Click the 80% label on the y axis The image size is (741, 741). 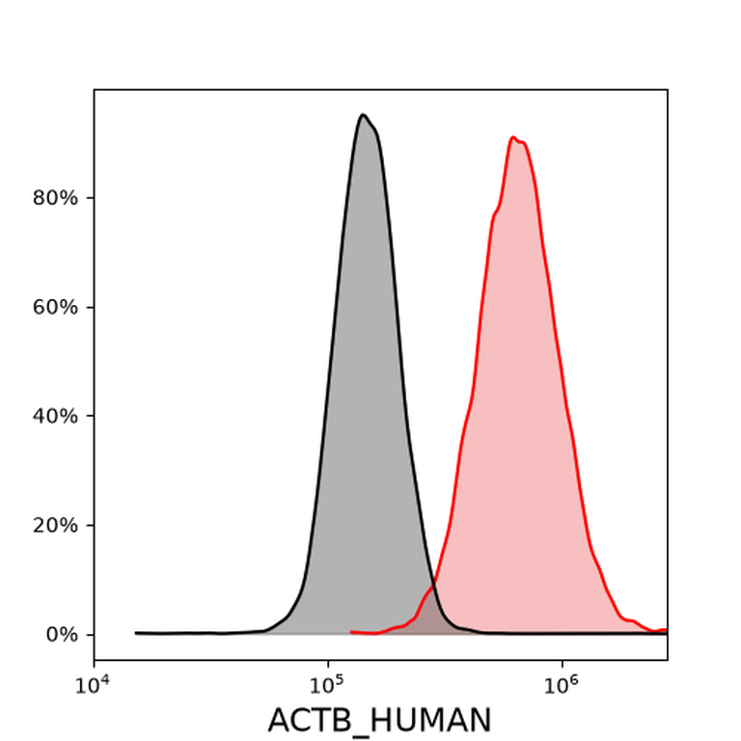[x=55, y=198]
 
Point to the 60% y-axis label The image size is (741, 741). [x=55, y=307]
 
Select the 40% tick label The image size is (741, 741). [x=55, y=417]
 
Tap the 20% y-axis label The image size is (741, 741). [x=55, y=526]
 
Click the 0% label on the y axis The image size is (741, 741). [x=62, y=635]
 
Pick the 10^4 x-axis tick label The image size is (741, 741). [x=93, y=685]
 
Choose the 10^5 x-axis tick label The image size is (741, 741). [x=326, y=685]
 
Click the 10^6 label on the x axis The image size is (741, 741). [x=561, y=685]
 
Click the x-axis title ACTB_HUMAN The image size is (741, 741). [x=379, y=720]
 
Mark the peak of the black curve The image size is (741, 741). [x=363, y=115]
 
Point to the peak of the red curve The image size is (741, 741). [x=513, y=137]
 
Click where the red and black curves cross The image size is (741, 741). [x=433, y=586]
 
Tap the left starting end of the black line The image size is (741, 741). [x=136, y=633]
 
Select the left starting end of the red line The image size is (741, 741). [x=350, y=632]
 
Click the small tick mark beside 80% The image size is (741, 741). [x=91, y=198]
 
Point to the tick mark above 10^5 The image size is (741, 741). [x=328, y=663]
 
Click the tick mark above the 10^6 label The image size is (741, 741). [x=562, y=663]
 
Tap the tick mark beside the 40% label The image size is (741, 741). [x=91, y=416]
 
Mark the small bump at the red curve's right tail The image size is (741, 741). [x=631, y=619]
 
